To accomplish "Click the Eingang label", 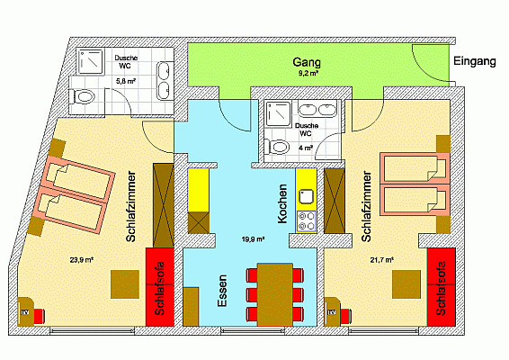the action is pos(475,61).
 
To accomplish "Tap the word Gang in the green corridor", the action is pos(307,62).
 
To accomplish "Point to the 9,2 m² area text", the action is pos(308,73).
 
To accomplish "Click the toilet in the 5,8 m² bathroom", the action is pos(82,97).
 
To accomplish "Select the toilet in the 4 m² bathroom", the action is pos(277,147).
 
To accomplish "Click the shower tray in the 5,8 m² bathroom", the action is pos(91,61).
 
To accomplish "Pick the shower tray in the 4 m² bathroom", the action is pos(278,113).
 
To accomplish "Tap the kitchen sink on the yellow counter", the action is pos(306,196).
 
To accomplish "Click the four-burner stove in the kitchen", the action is pos(306,220).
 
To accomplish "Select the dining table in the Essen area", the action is pos(275,294).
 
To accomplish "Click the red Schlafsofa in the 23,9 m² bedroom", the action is pos(159,287).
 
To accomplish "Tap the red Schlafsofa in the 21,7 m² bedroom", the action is pos(442,287).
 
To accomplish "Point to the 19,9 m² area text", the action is pos(253,239).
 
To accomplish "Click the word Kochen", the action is pos(282,203).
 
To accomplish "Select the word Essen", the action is pos(222,291).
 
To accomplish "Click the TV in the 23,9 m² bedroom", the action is pos(25,312).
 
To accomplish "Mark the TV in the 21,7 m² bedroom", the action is pos(332,312).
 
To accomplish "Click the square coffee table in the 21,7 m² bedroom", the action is pos(406,284).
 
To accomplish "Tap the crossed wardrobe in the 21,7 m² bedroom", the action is pos(335,201).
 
